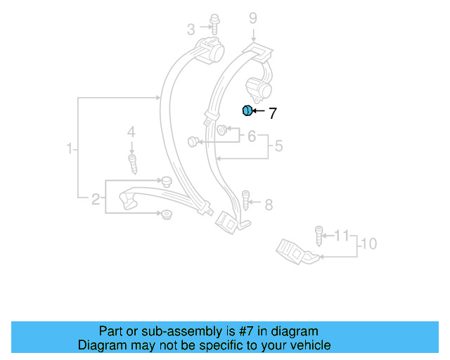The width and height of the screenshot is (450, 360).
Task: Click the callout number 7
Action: (273, 112)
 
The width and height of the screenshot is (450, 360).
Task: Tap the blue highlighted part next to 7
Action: (247, 110)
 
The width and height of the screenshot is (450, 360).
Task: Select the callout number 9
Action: (252, 18)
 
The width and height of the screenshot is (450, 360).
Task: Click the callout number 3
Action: (191, 29)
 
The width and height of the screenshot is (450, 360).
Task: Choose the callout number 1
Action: (70, 149)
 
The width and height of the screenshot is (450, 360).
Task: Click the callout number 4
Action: (130, 132)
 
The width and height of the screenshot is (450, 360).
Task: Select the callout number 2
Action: (96, 200)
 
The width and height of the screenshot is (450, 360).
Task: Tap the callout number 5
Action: (278, 146)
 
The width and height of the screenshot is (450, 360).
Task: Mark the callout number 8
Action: (268, 205)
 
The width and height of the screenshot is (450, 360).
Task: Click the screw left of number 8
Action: (246, 201)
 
